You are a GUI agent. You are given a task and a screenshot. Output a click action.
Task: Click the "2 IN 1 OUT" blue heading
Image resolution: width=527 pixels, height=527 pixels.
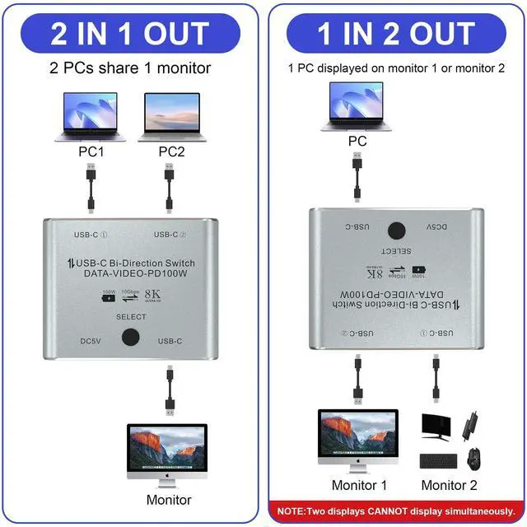point(133,34)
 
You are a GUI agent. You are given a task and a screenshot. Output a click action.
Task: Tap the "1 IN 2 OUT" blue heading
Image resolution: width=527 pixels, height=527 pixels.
point(395,34)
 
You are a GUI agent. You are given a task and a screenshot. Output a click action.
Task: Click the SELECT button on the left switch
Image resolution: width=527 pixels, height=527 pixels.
point(131,338)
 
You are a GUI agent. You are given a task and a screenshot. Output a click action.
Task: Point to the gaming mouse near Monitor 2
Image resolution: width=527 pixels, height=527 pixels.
point(473,457)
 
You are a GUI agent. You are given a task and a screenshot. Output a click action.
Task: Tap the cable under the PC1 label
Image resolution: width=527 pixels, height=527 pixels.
point(90,188)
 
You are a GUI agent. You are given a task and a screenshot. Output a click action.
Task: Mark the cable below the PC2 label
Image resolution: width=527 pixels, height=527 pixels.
point(169,188)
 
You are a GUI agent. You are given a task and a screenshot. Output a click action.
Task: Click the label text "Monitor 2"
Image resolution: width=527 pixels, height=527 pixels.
point(449,485)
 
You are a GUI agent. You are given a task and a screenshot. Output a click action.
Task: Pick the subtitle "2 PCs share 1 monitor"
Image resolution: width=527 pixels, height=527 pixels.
point(133,68)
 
